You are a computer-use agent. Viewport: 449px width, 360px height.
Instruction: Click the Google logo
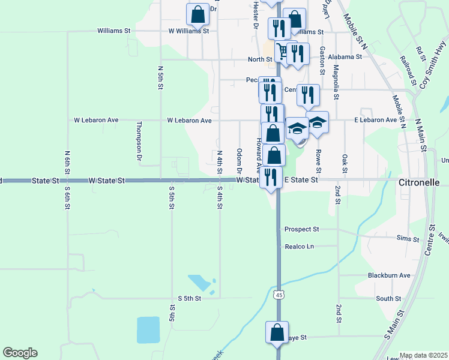(x=20, y=353)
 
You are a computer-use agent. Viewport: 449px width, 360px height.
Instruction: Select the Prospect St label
(x=301, y=229)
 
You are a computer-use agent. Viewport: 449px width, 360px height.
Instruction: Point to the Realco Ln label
(x=300, y=246)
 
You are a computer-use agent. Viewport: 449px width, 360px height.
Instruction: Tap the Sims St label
(x=408, y=239)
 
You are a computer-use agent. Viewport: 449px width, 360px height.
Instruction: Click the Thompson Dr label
(x=139, y=141)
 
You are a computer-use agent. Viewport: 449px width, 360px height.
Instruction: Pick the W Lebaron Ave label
(x=189, y=120)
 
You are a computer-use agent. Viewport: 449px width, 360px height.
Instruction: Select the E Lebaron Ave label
(x=375, y=120)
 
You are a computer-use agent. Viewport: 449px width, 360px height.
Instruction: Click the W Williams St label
(x=188, y=30)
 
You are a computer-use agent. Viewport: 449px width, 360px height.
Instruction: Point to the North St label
(x=260, y=59)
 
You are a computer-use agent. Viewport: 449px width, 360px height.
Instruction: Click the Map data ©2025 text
(x=423, y=355)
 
